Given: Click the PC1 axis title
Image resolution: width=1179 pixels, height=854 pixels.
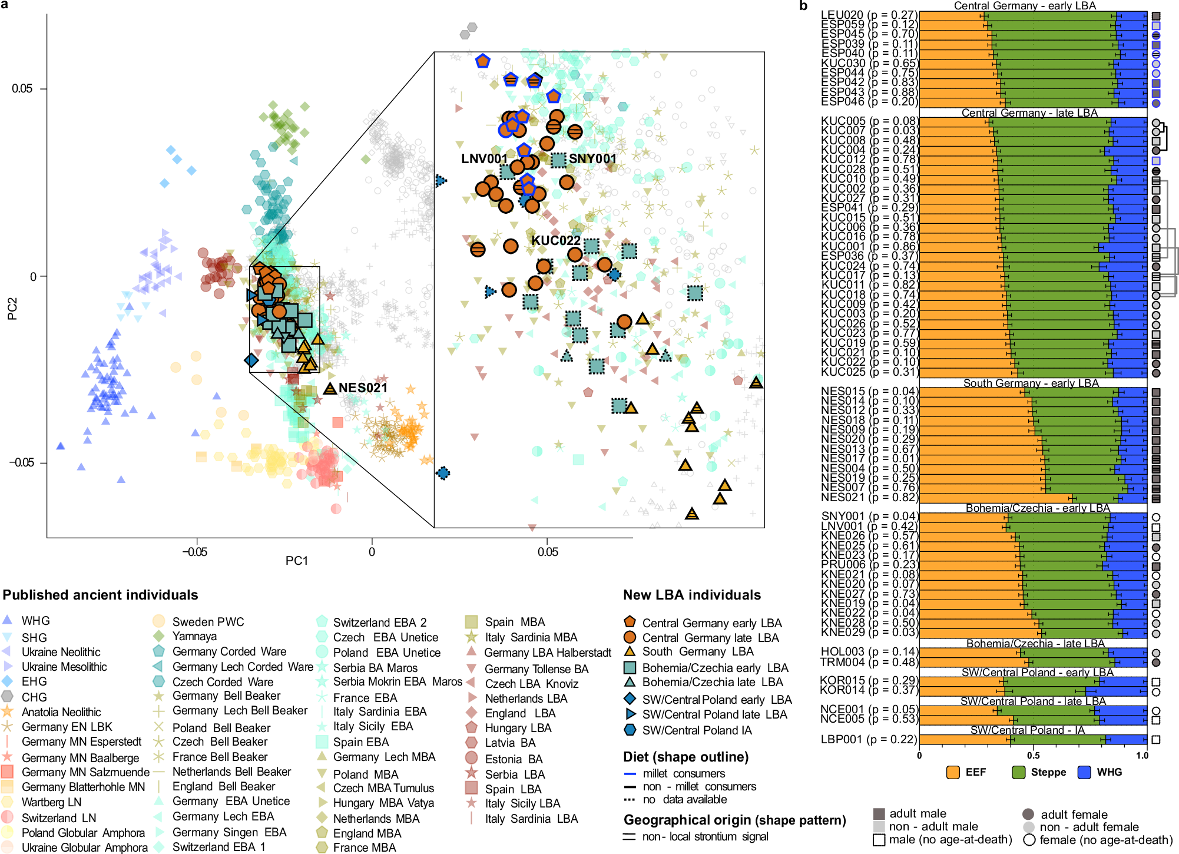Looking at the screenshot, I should (297, 560).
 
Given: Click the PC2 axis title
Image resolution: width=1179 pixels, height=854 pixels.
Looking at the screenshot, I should (12, 309).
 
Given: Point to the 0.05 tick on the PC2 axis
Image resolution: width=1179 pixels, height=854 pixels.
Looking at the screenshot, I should (22, 88).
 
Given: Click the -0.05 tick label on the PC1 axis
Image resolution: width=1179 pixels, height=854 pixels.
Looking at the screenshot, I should (194, 552).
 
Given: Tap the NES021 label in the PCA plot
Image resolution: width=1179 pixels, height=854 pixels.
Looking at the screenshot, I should (363, 388).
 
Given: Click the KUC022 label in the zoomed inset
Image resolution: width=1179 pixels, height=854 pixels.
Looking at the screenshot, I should (555, 240).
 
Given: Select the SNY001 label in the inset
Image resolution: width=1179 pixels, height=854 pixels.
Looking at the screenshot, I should (592, 158).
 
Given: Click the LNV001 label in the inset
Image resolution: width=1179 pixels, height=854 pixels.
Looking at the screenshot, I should (484, 158).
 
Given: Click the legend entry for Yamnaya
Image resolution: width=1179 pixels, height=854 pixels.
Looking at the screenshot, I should (194, 636).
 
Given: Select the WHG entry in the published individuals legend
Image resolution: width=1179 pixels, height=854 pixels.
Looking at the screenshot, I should (35, 621).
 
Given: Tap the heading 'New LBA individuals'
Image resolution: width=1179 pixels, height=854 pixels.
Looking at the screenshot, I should (692, 595).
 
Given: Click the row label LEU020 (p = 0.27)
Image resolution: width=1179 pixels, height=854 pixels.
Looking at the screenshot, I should (869, 15).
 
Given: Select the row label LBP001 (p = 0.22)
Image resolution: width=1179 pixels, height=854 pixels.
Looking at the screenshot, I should (869, 739).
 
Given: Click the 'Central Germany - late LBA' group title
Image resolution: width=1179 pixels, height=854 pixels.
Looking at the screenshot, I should (1029, 112).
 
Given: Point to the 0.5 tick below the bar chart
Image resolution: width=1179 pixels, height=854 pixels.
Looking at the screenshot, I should (1033, 755).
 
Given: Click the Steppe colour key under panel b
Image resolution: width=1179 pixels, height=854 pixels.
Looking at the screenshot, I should (1048, 772).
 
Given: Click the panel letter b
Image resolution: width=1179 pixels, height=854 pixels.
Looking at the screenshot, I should (803, 6).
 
